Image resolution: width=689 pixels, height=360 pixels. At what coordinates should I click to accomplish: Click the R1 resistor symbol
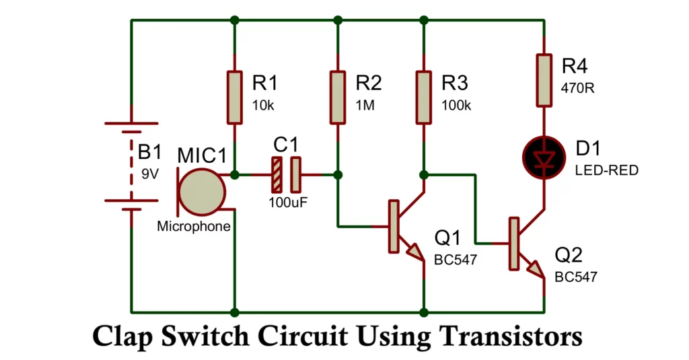(x=234, y=97)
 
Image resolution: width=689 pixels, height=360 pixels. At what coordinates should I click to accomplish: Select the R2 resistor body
(x=338, y=97)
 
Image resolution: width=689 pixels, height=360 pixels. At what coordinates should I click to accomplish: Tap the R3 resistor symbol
(x=423, y=97)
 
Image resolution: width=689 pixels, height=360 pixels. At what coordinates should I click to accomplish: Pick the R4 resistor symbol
(x=544, y=80)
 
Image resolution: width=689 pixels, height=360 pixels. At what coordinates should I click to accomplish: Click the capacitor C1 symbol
(x=286, y=174)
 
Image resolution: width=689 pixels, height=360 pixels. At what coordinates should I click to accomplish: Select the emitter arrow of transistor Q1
(x=415, y=253)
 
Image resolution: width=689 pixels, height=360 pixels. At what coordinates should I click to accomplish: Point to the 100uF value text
(x=287, y=201)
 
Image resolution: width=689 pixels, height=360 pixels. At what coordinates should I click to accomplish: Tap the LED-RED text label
(x=606, y=171)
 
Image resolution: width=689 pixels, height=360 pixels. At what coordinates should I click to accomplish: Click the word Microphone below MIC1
(x=193, y=227)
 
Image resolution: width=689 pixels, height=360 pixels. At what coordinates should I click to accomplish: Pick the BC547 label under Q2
(x=575, y=277)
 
